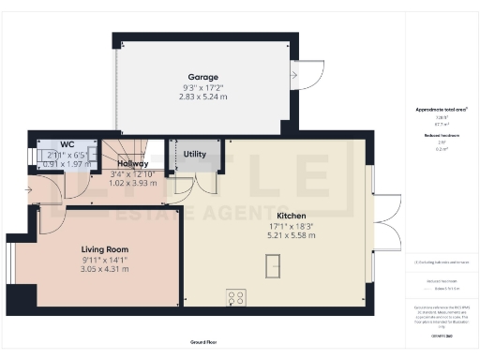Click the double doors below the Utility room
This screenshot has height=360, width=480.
click(195, 184)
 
